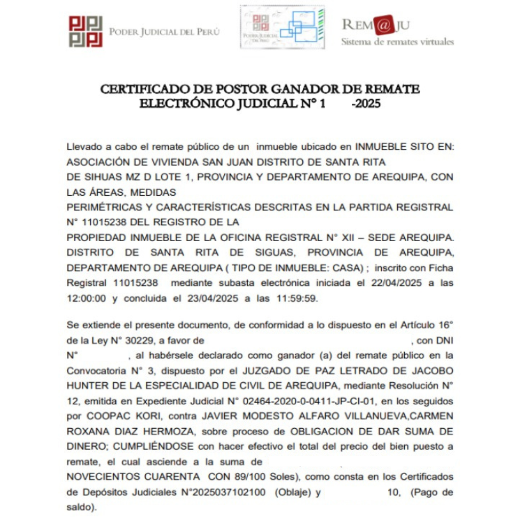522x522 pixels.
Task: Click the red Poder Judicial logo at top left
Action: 86,32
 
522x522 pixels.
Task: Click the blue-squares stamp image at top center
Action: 282,28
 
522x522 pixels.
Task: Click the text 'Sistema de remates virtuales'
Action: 397,42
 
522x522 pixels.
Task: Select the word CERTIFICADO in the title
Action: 144,89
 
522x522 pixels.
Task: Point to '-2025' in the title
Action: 366,103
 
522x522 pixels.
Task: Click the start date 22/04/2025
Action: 397,283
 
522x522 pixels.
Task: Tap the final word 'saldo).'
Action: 81,507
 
